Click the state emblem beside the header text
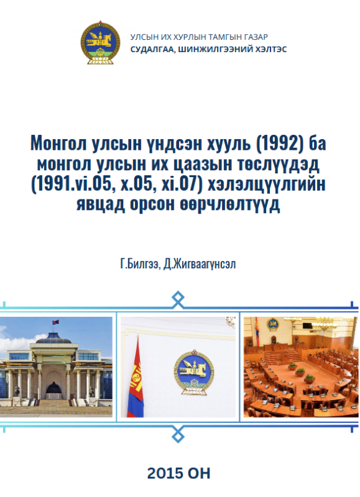pyautogui.click(x=100, y=42)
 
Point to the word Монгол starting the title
pyautogui.click(x=58, y=144)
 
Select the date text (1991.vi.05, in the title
pyautogui.click(x=73, y=184)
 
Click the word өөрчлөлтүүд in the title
pyautogui.click(x=230, y=204)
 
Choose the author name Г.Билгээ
pyautogui.click(x=139, y=264)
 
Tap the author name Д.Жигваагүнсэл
pyautogui.click(x=200, y=264)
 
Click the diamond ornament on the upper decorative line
pyautogui.click(x=178, y=299)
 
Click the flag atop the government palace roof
pyautogui.click(x=56, y=322)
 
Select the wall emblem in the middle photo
pyautogui.click(x=193, y=372)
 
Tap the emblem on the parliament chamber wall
pyautogui.click(x=272, y=324)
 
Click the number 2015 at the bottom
pyautogui.click(x=165, y=473)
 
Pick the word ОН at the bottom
pyautogui.click(x=199, y=473)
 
